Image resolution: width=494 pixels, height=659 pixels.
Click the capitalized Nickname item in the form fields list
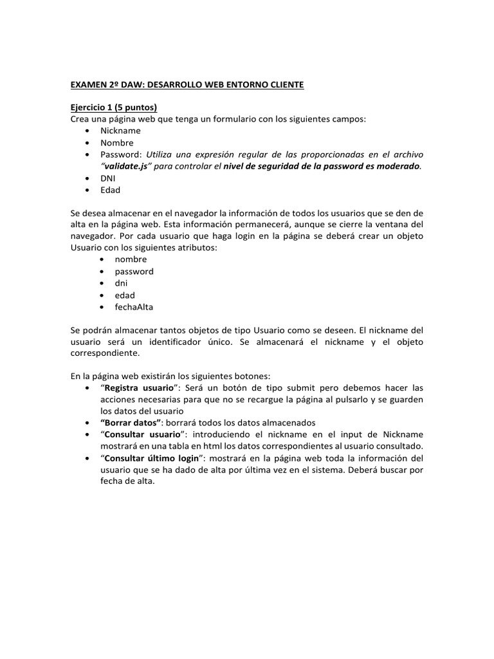click(x=120, y=131)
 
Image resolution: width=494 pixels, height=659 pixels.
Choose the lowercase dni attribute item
click(x=121, y=283)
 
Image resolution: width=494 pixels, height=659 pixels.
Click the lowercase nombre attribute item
click(x=131, y=259)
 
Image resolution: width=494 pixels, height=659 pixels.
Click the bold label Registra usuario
click(x=139, y=388)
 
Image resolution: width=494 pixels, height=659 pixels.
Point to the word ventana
click(x=396, y=225)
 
